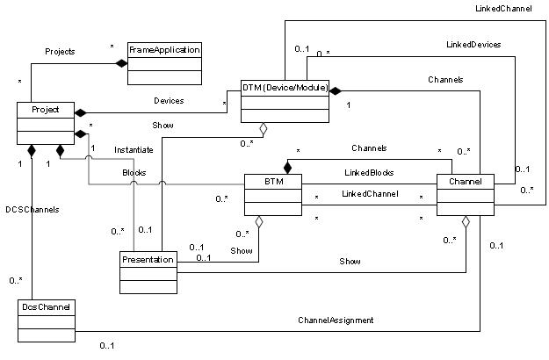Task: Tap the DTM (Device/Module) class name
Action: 285,88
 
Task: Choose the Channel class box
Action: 465,195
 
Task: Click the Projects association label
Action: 60,52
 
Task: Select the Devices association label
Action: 168,101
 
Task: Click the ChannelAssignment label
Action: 336,320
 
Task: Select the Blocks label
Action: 134,173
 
